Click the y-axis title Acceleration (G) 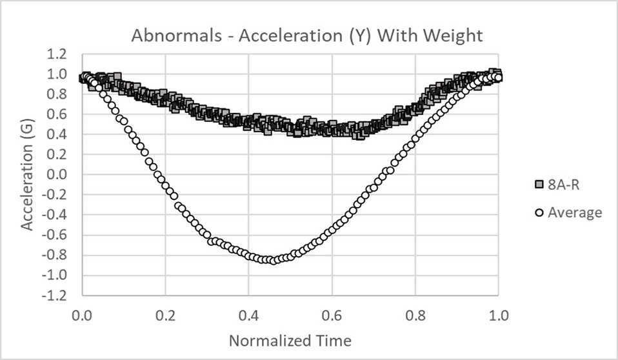(27, 175)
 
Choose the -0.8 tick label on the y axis (55, 255)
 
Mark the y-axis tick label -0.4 (55, 215)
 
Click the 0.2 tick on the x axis (165, 316)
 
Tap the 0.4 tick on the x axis (248, 316)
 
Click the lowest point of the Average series (274, 260)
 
